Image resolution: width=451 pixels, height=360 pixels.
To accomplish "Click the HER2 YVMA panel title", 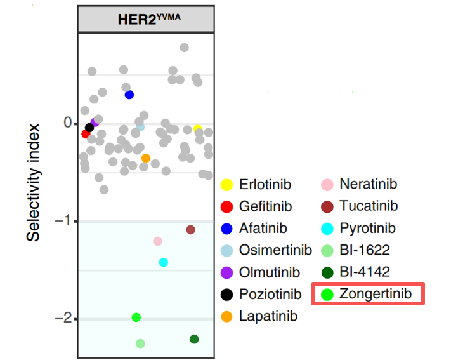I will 149,18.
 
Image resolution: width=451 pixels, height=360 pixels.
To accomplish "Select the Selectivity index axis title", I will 34,182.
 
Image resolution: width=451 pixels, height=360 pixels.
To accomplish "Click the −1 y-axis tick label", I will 62,221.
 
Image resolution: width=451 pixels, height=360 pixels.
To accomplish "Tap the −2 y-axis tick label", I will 62,319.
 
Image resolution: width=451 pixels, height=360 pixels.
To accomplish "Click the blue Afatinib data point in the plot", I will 129,95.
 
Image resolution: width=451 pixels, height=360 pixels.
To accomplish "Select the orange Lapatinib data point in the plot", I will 146,158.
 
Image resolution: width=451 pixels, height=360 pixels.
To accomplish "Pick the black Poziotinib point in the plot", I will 89,128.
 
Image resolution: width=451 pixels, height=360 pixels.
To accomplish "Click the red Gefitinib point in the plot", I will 86,134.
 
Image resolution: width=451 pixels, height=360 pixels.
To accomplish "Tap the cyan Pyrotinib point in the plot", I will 164,262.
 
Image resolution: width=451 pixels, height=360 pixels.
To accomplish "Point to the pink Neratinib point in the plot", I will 158,241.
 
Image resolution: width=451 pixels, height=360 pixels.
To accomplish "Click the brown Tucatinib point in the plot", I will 191,229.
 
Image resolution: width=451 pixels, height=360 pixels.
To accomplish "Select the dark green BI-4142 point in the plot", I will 194,339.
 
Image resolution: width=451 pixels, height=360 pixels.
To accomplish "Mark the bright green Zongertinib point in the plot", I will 136,317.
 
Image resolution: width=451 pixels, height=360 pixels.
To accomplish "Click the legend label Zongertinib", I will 376,294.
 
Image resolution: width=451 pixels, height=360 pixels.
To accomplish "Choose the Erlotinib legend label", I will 265,185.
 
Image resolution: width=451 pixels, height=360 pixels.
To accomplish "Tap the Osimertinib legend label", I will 275,250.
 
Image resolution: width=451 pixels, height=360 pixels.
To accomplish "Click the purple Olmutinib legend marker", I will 226,272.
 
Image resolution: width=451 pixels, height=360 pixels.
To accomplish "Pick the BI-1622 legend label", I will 365,250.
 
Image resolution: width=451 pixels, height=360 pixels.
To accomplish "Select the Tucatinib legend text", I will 369,206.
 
